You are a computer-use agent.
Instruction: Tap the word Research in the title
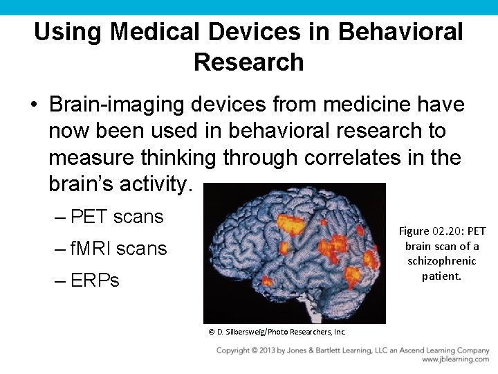pyautogui.click(x=249, y=62)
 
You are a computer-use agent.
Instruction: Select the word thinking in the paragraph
pyautogui.click(x=178, y=157)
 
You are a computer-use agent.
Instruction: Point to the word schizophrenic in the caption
pyautogui.click(x=442, y=261)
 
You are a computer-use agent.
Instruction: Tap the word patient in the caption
pyautogui.click(x=441, y=276)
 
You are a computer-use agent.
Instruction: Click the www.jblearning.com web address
pyautogui.click(x=455, y=359)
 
